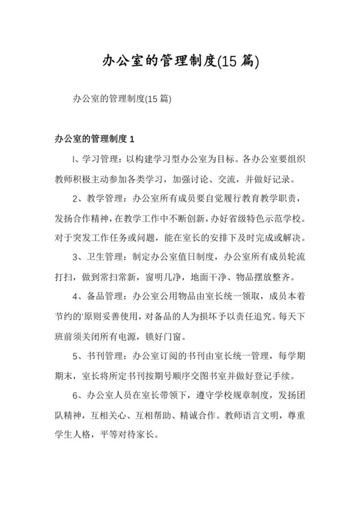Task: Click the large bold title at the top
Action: click(179, 62)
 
